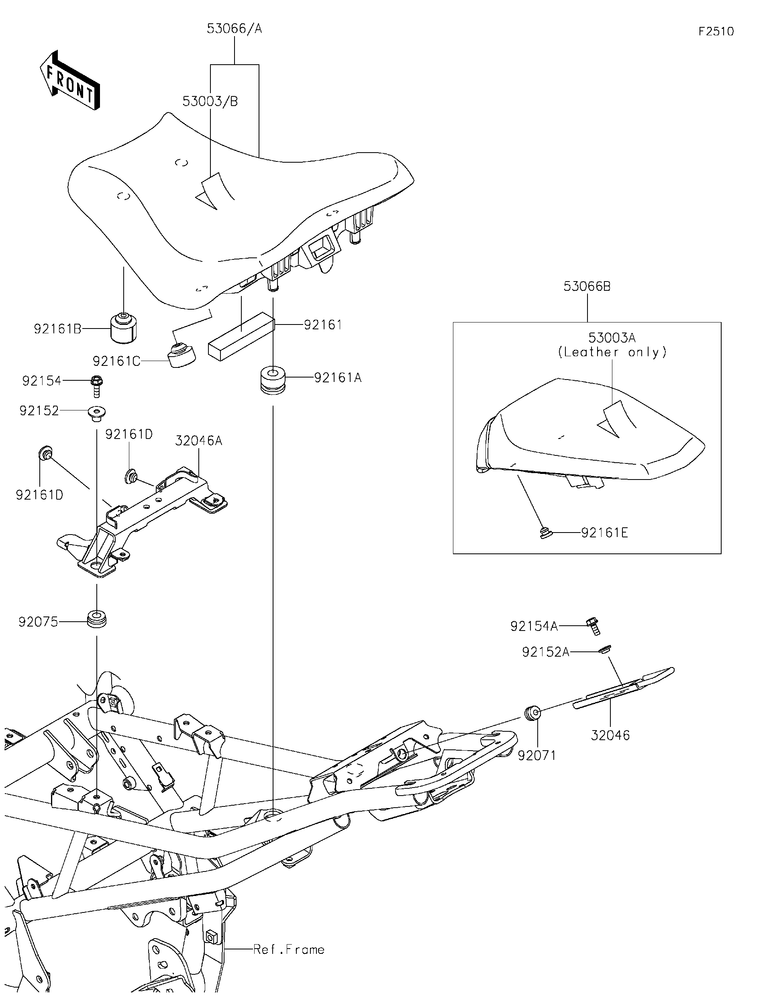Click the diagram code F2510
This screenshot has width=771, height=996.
pos(716,31)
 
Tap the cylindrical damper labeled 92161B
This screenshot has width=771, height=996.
pos(124,328)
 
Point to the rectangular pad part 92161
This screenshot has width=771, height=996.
pos(241,336)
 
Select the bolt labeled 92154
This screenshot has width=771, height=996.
pos(97,386)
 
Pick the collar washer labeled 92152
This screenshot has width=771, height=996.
pos(97,413)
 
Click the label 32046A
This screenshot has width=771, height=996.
pos(199,441)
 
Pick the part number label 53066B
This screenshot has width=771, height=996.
pos(587,286)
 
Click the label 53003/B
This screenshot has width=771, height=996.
pos(210,101)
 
